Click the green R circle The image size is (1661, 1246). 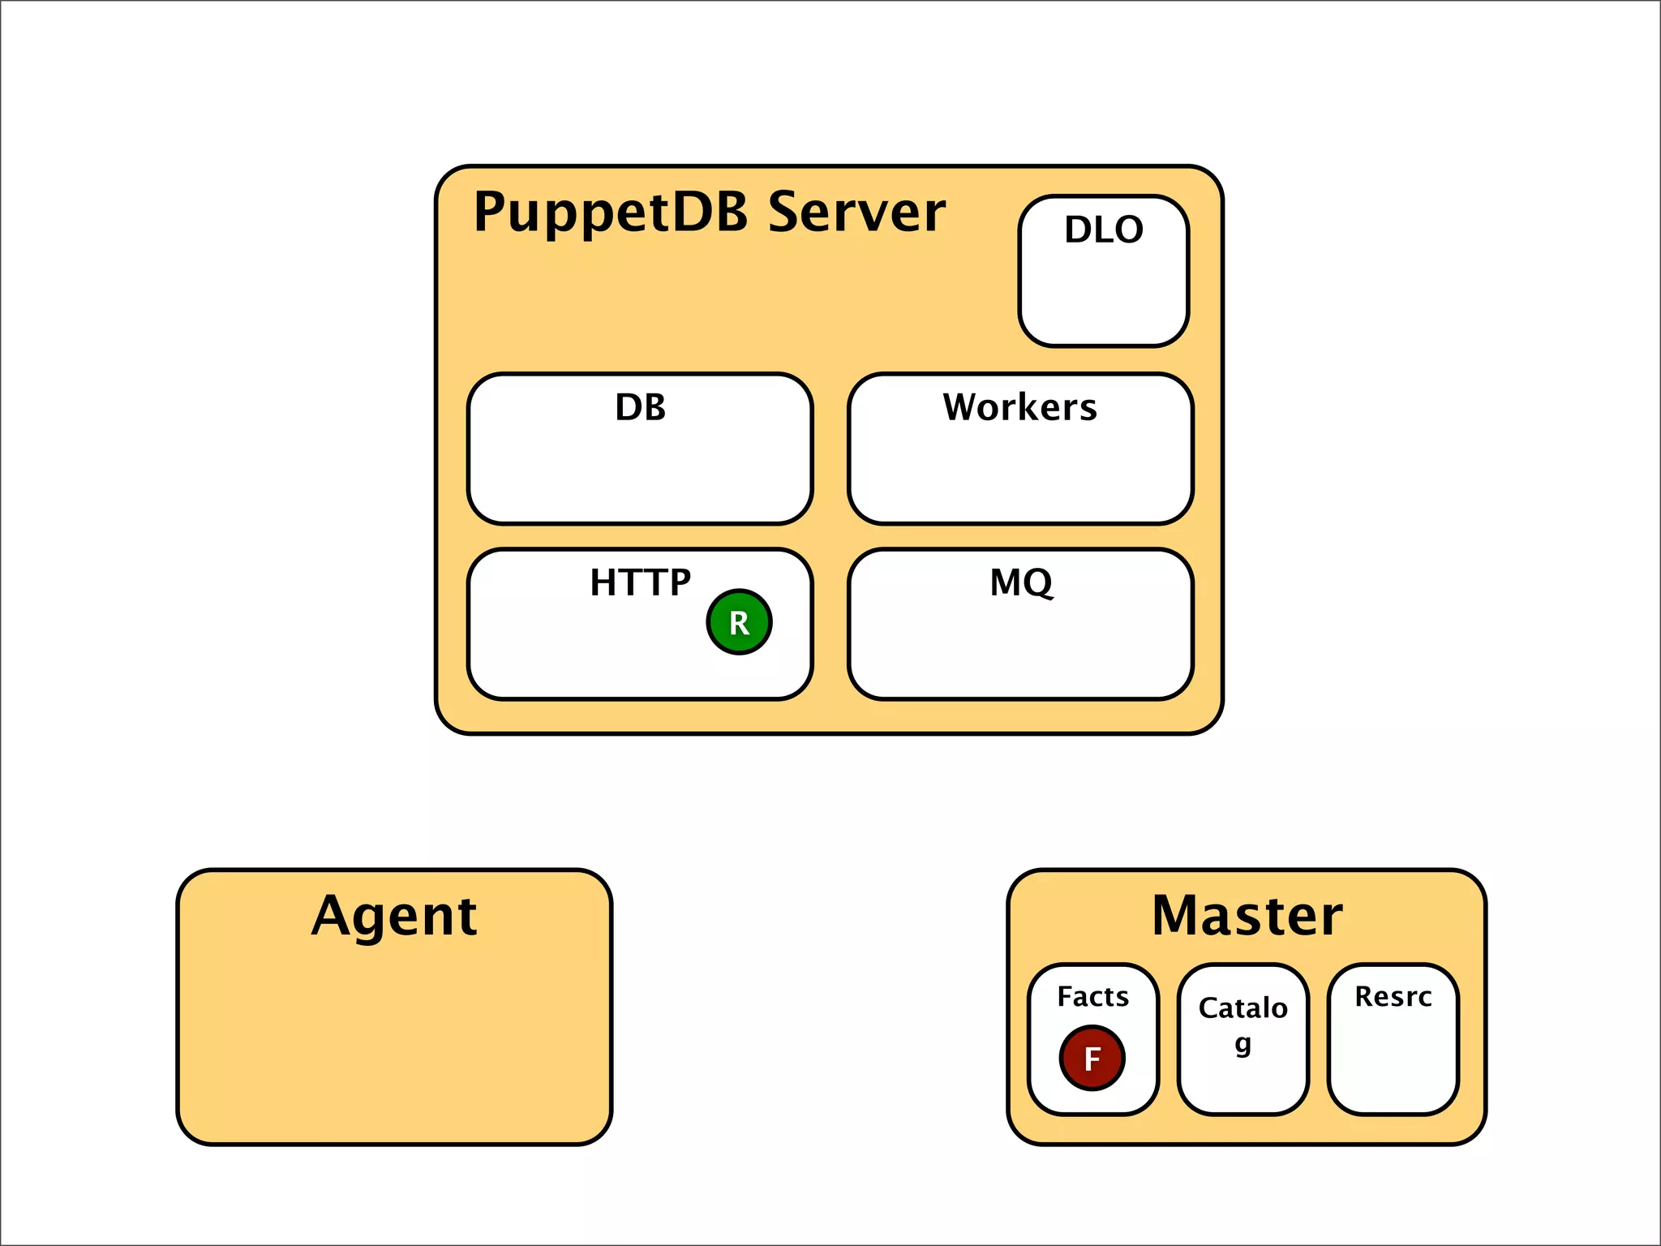(x=739, y=622)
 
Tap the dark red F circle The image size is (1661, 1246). (x=1092, y=1058)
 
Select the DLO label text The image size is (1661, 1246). (x=1104, y=230)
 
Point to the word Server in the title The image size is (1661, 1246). (x=856, y=213)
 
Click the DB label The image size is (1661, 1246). (x=640, y=407)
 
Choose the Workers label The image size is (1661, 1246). (x=1019, y=407)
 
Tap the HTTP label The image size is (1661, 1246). (x=640, y=582)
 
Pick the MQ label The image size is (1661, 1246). (x=1021, y=582)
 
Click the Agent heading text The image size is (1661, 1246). (x=394, y=917)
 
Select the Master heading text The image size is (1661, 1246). (x=1247, y=916)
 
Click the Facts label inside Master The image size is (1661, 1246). (x=1092, y=996)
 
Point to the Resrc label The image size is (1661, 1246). (x=1393, y=996)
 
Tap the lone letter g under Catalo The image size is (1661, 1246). (x=1243, y=1044)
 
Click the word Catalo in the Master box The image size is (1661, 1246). (x=1243, y=1008)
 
